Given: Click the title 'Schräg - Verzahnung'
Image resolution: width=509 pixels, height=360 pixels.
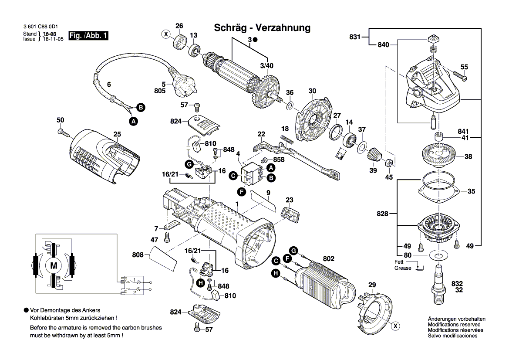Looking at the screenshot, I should point(262,28).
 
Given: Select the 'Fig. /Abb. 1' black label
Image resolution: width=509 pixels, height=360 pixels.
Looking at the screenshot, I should point(88,36).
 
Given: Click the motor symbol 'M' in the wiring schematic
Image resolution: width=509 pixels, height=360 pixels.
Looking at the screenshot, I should point(54,265).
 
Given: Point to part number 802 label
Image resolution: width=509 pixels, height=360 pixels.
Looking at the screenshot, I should point(328,259).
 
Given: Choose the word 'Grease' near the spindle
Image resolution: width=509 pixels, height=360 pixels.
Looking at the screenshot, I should point(402,268).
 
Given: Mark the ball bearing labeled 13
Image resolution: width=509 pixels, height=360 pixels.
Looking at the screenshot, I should point(194,50).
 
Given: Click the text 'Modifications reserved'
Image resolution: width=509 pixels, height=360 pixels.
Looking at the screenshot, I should point(454,325).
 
